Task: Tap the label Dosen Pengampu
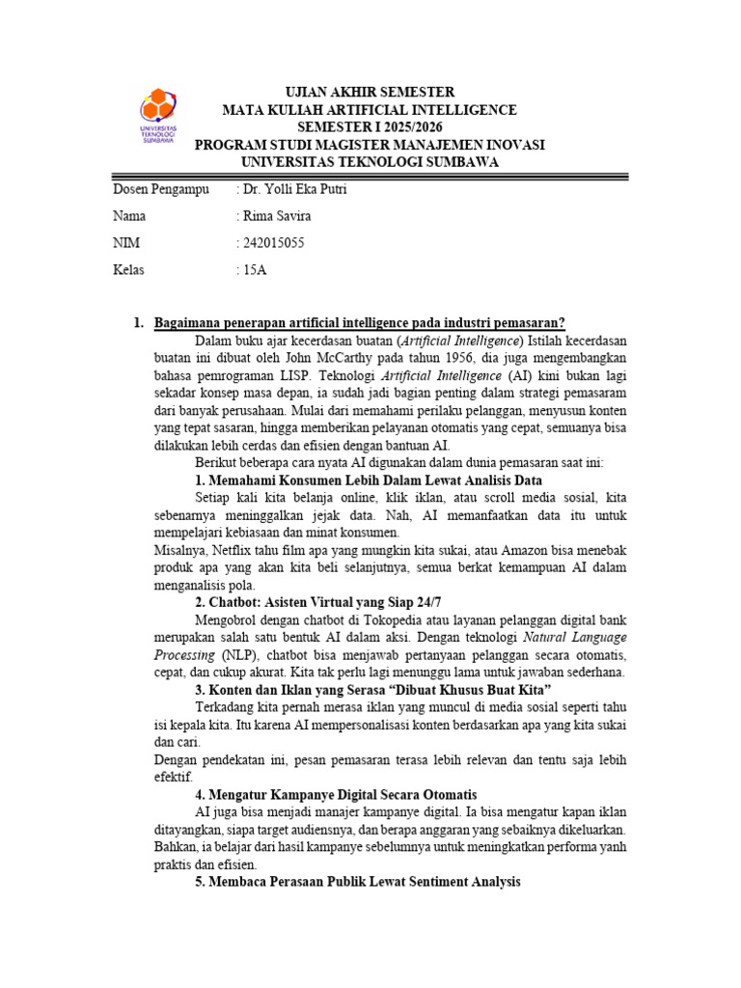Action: (161, 189)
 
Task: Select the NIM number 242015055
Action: (273, 243)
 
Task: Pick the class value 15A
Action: (254, 270)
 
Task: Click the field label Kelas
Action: (129, 270)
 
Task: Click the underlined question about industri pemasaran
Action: (360, 322)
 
